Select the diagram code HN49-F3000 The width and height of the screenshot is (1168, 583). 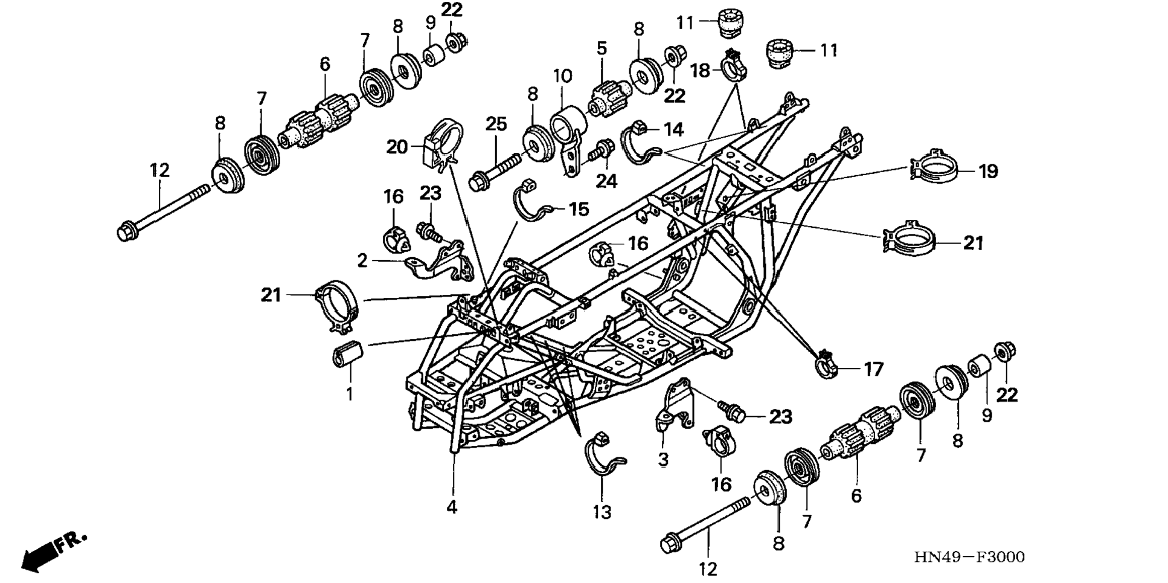tap(969, 557)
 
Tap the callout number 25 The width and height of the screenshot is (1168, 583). tap(496, 125)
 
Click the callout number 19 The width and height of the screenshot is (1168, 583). tap(988, 172)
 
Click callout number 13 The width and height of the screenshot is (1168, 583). tap(602, 512)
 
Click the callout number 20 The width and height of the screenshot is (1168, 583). tap(397, 147)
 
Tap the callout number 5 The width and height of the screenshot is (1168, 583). tap(602, 48)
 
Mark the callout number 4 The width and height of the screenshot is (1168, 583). tap(452, 507)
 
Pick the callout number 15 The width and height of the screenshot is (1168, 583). tap(579, 209)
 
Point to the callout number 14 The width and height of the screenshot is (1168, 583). tap(673, 129)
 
